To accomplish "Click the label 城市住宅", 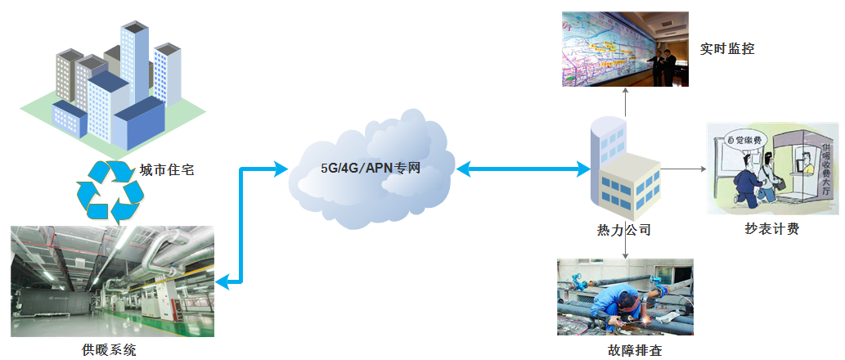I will (166, 171).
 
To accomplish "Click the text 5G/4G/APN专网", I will (371, 169).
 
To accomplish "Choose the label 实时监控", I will (726, 49).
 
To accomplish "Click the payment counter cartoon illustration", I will (773, 169).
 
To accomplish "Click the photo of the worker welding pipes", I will (625, 297).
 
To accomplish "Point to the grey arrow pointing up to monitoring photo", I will (626, 102).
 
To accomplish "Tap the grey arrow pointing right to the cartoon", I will (683, 169).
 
